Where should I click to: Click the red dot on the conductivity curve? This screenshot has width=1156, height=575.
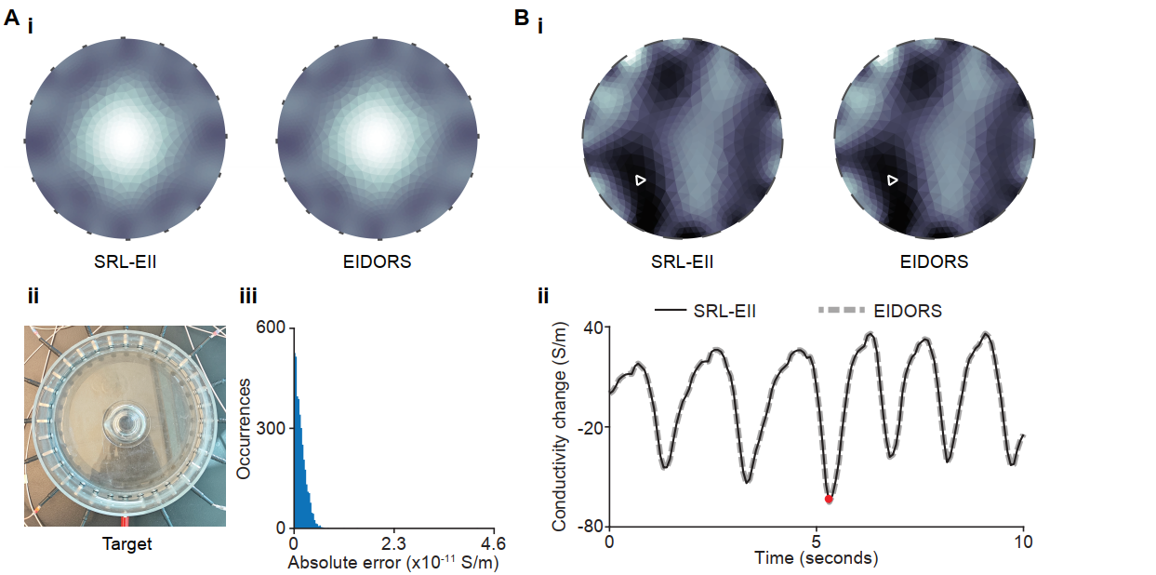pyautogui.click(x=829, y=499)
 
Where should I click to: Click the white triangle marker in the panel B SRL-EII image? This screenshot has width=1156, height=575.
pyautogui.click(x=639, y=180)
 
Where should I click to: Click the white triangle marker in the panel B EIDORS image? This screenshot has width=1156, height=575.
pyautogui.click(x=892, y=180)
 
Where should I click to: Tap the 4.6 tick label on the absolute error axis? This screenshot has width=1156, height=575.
pyautogui.click(x=492, y=543)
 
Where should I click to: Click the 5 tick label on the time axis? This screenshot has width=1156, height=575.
pyautogui.click(x=816, y=542)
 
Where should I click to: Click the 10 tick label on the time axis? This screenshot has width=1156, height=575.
pyautogui.click(x=1023, y=542)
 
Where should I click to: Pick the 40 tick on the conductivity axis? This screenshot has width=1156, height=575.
pyautogui.click(x=591, y=328)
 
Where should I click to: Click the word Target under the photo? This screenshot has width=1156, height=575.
pyautogui.click(x=126, y=543)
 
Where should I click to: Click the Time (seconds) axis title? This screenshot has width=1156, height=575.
pyautogui.click(x=816, y=558)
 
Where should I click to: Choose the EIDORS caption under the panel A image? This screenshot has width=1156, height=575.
pyautogui.click(x=376, y=261)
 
